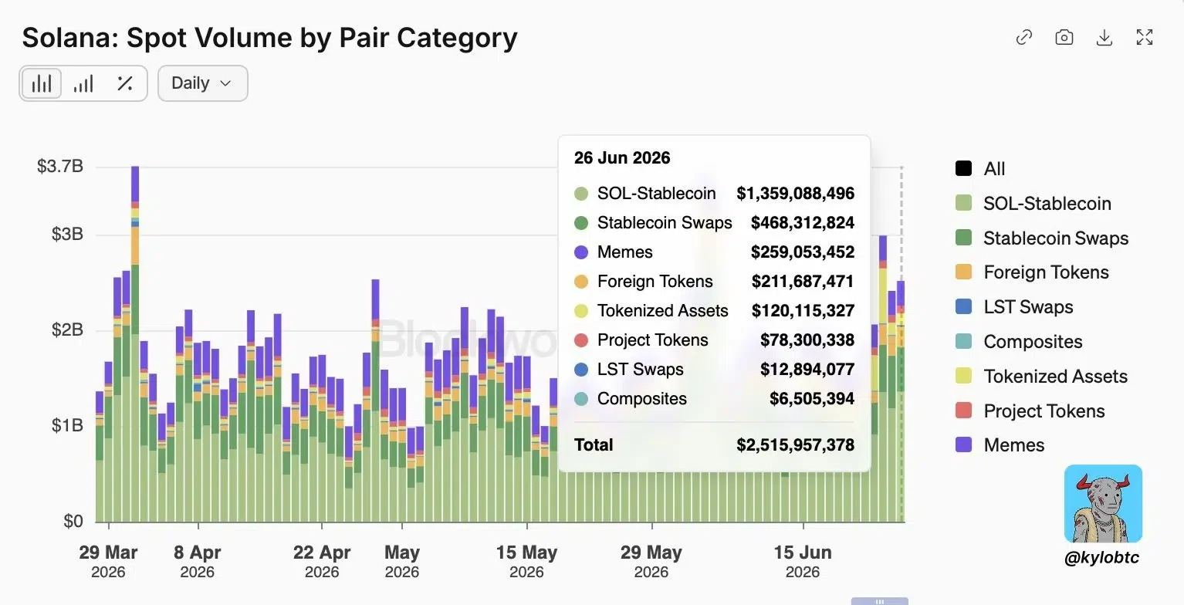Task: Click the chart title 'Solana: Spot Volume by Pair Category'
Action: [269, 38]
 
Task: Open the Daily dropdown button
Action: [202, 83]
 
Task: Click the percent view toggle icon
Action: [125, 83]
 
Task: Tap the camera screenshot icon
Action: [1064, 38]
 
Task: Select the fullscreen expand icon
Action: [1145, 38]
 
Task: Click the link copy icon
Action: [1023, 38]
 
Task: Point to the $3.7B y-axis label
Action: [60, 166]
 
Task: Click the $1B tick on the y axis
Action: [67, 425]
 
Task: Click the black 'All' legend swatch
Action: [963, 168]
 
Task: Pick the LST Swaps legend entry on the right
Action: [1014, 307]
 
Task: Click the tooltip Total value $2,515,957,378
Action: [796, 445]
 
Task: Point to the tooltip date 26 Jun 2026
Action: [622, 157]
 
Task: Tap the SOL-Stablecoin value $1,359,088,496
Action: [796, 194]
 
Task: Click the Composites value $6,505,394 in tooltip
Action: [812, 398]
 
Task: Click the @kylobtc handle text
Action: [1102, 557]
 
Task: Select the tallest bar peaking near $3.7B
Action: [135, 344]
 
